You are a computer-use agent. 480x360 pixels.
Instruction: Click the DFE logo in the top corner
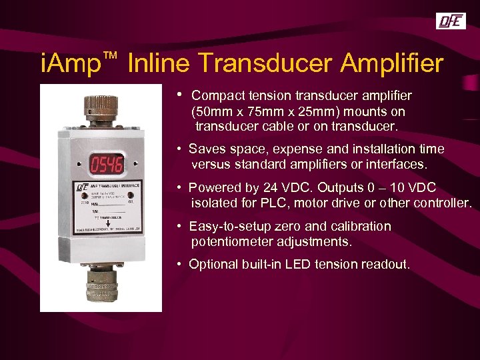(451, 21)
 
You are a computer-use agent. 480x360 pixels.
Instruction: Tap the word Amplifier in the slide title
(391, 63)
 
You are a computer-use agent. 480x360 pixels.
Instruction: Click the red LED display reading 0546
(107, 164)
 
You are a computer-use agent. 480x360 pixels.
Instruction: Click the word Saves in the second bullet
(207, 149)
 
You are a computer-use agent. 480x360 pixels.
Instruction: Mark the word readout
(385, 265)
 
